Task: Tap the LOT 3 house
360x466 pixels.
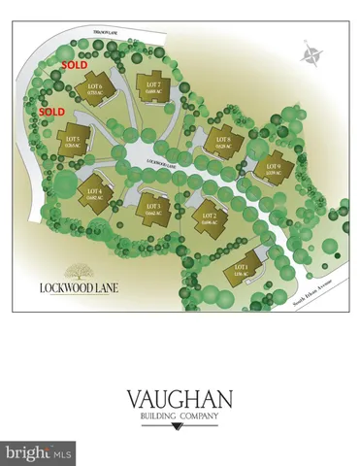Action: point(150,207)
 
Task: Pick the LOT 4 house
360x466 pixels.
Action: point(93,191)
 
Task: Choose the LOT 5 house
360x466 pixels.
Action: point(74,144)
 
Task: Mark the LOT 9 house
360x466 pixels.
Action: point(271,166)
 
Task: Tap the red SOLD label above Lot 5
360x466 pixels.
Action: point(51,112)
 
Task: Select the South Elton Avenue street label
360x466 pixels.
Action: point(311,289)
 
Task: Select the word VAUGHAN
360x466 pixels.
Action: point(180,399)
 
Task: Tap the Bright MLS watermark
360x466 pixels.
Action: point(39,452)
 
